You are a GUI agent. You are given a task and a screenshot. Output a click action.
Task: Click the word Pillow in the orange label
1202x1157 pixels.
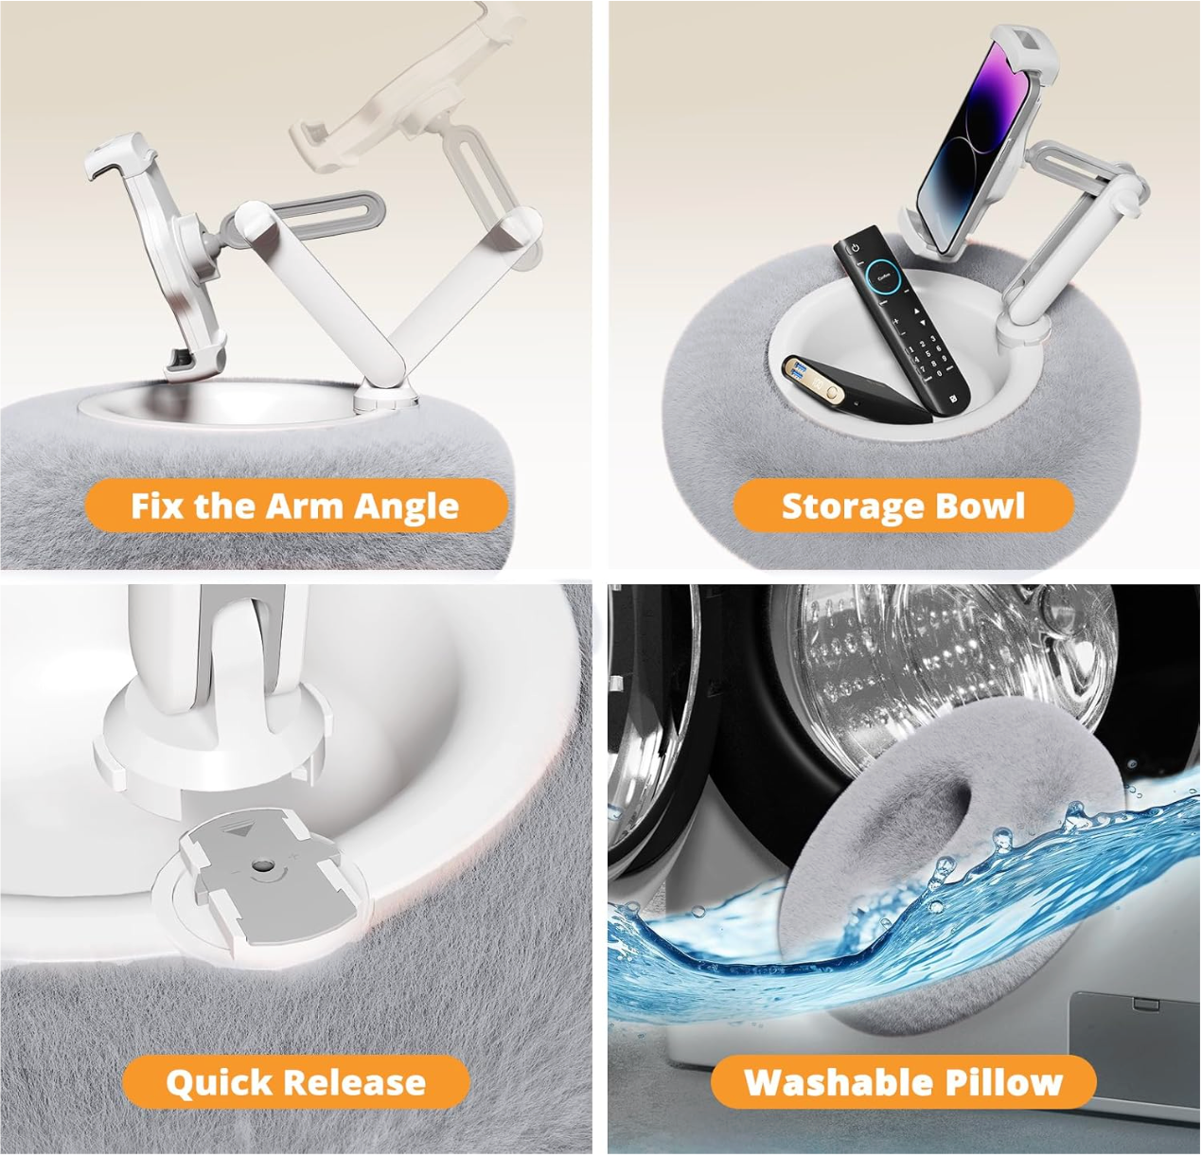tap(989, 1081)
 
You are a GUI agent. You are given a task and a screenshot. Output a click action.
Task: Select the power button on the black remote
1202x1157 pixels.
tap(855, 248)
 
